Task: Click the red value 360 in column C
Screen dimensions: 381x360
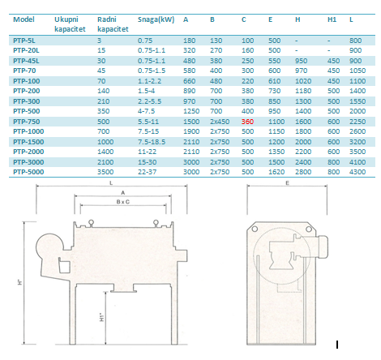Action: tap(247, 122)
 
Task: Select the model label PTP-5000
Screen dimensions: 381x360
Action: tap(28, 172)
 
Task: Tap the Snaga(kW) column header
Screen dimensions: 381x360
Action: tap(156, 19)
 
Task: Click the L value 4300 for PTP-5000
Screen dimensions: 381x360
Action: tap(357, 172)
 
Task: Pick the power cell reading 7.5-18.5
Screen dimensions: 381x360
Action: tap(152, 142)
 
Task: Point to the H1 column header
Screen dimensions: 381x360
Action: tap(332, 19)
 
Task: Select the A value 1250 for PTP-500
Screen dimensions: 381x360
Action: tap(191, 111)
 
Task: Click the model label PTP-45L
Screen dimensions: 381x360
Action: tap(26, 61)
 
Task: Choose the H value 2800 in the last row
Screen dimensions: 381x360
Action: tap(303, 172)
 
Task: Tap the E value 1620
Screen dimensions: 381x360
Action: tap(276, 172)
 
